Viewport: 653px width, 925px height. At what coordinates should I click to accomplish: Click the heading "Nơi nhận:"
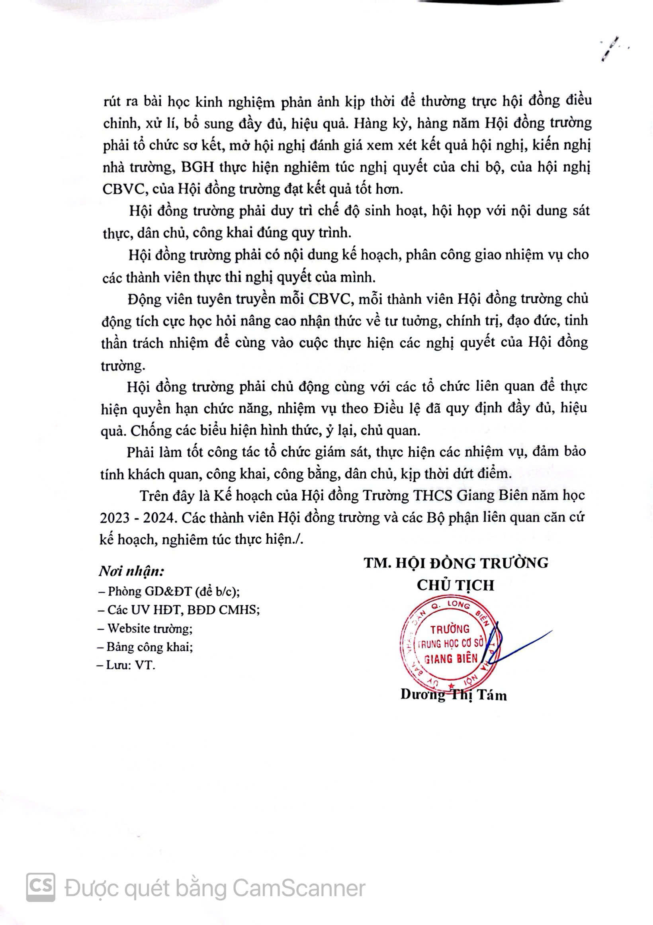pyautogui.click(x=131, y=571)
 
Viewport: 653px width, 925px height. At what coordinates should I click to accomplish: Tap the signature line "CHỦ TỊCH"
pyautogui.click(x=455, y=585)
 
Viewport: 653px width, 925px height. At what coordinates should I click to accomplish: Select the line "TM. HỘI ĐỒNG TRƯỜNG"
pyautogui.click(x=456, y=562)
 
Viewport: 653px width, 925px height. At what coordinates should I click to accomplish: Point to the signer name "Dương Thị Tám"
pyautogui.click(x=454, y=695)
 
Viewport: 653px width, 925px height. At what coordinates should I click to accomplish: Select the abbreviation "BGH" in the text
pyautogui.click(x=197, y=167)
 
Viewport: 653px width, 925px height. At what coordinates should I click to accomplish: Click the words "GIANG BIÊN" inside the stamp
pyautogui.click(x=451, y=658)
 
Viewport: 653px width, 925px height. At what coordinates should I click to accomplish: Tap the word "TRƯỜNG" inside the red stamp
pyautogui.click(x=450, y=629)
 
